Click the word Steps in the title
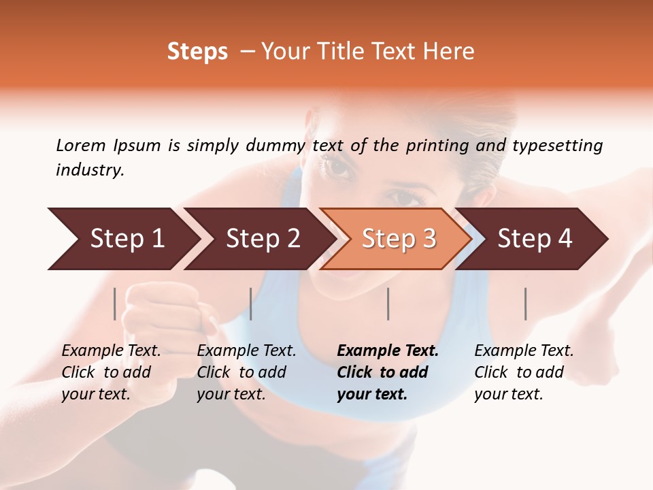coord(197,52)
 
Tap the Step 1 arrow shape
coord(122,239)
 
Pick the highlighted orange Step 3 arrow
coord(397,239)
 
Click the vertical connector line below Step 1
coord(115,304)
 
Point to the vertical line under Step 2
coord(251,304)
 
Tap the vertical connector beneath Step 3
coord(388,304)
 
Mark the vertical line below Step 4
coord(525,304)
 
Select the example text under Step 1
coord(110,372)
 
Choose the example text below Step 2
coord(246,372)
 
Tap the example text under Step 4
coord(523,372)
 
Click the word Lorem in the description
coord(81,145)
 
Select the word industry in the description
coord(90,170)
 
